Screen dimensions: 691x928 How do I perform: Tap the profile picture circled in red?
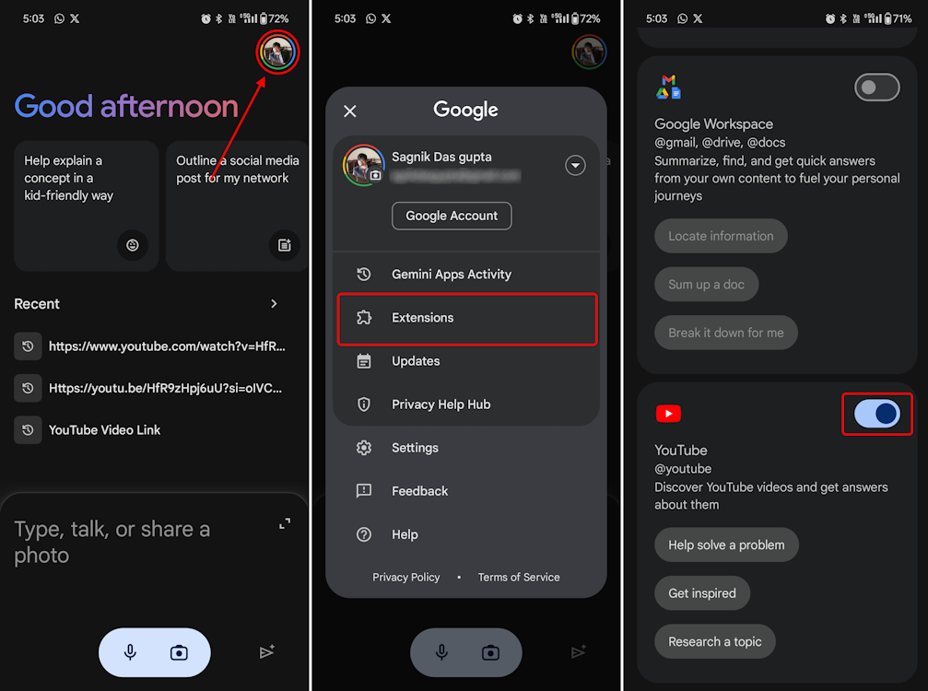point(277,53)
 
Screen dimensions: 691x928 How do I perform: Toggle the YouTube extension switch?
point(877,414)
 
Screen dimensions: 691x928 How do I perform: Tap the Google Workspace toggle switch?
point(877,88)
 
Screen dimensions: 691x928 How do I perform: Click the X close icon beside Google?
point(350,111)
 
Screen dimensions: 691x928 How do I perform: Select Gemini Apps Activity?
point(451,275)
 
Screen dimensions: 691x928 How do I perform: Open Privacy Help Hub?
point(441,404)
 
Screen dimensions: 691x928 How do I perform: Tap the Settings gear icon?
point(364,448)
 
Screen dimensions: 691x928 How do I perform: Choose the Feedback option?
point(419,491)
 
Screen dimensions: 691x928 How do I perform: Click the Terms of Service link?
point(519,578)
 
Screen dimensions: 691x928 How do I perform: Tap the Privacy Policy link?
point(405,578)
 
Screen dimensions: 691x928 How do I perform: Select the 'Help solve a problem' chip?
point(726,545)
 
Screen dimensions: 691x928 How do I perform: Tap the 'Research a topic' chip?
point(714,642)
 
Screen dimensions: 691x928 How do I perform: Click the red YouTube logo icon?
point(668,414)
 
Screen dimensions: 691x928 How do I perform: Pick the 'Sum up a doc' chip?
point(706,285)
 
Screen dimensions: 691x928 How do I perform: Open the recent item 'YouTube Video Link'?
point(104,430)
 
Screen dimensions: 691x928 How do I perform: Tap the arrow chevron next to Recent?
point(274,304)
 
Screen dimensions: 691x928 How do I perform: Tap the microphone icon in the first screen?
point(131,652)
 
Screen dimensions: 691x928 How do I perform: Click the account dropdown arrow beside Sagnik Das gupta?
point(575,166)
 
